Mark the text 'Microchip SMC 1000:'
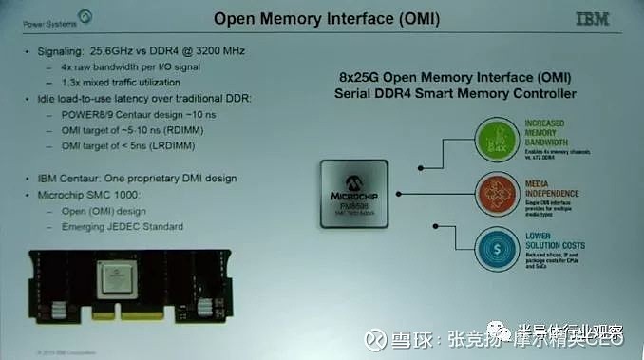[x=85, y=194]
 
